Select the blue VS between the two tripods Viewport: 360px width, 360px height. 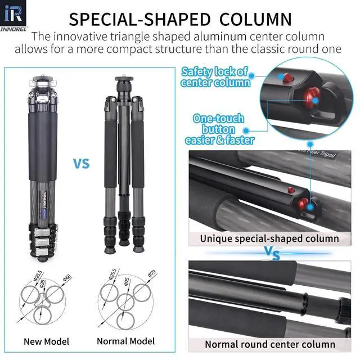pyautogui.click(x=82, y=164)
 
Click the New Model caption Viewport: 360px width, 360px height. pyautogui.click(x=47, y=341)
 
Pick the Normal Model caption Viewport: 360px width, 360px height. pyautogui.click(x=126, y=341)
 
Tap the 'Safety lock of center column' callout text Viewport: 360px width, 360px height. pyautogui.click(x=214, y=77)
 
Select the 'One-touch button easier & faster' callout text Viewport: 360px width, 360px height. pyautogui.click(x=219, y=129)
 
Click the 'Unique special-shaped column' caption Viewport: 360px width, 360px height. pyautogui.click(x=269, y=238)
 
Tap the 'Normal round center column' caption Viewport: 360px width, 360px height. pyautogui.click(x=270, y=344)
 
